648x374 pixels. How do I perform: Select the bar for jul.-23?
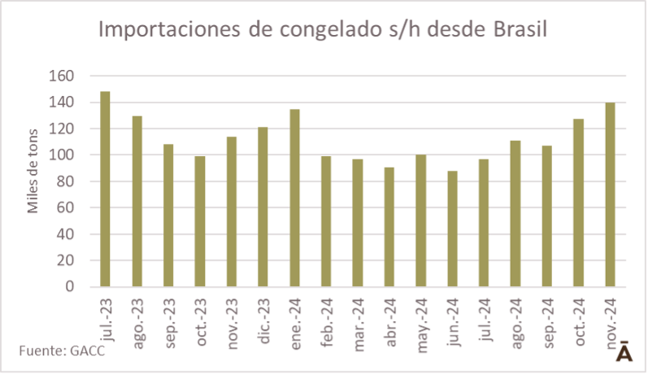105,189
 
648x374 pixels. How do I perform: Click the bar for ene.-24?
294,198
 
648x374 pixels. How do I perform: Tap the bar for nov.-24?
610,194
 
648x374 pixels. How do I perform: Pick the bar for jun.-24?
452,228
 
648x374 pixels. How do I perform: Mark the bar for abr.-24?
389,227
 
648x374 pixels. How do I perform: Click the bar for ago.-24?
515,213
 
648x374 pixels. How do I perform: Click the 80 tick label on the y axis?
66,181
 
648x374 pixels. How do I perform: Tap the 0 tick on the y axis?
70,287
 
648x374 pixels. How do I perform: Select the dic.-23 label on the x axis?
263,323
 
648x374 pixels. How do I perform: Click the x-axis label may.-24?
421,324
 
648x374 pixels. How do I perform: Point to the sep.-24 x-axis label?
547,324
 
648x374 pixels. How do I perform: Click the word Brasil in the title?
520,29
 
